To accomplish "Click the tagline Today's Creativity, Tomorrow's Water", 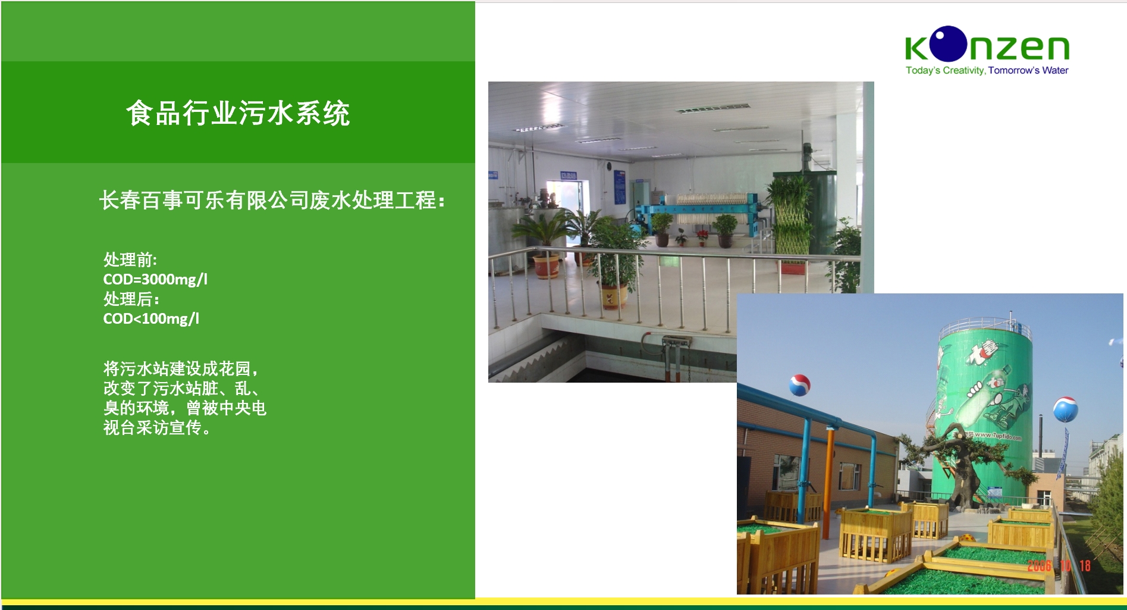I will coord(987,70).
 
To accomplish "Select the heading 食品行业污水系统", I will coord(238,113).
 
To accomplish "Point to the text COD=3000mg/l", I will coord(155,279).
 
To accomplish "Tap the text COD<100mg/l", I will coord(151,318).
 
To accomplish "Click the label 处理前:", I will coord(130,260).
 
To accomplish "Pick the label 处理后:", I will coord(131,299).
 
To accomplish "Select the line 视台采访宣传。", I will coord(157,427).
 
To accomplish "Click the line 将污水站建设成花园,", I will coord(181,369).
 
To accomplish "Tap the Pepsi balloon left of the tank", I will coord(799,385).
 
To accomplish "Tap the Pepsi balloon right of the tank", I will coord(1065,409).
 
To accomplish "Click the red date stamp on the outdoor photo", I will coord(1059,565).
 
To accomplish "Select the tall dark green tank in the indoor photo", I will coord(824,202).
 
